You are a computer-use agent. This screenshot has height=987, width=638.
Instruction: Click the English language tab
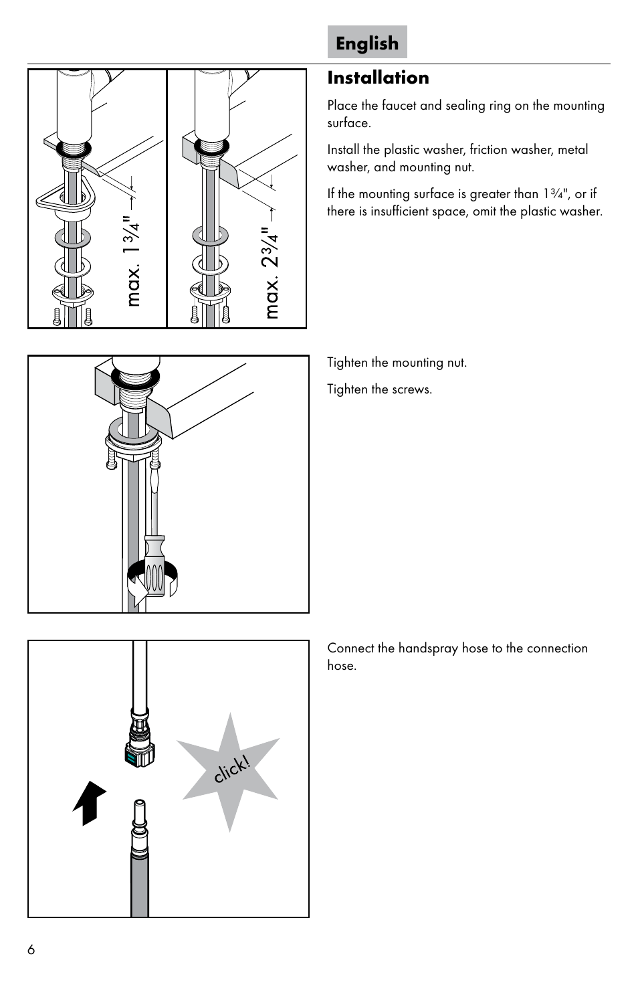tap(367, 43)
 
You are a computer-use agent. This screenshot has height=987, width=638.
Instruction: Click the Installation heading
tap(378, 78)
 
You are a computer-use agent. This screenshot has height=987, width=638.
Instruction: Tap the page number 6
tap(31, 950)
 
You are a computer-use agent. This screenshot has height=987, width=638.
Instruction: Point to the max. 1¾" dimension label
tap(132, 260)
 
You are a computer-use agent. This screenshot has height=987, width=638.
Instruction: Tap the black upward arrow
tap(90, 802)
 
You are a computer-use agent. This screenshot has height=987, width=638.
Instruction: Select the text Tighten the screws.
tap(379, 389)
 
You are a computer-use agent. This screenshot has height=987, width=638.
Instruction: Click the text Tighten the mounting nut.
tap(397, 363)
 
